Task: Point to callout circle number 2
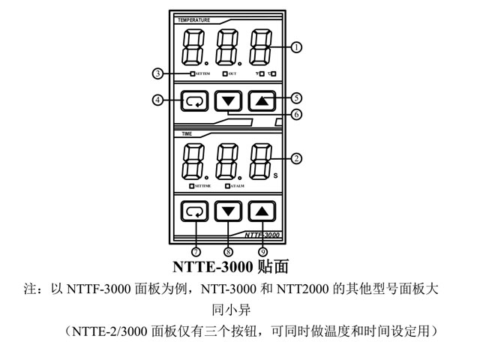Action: [297, 159]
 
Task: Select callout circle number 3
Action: [157, 73]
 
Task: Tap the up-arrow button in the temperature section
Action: [261, 100]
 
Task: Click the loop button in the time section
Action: [194, 211]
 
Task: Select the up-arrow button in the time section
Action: [261, 211]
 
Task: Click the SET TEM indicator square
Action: [192, 74]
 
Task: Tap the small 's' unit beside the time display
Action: [275, 175]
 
